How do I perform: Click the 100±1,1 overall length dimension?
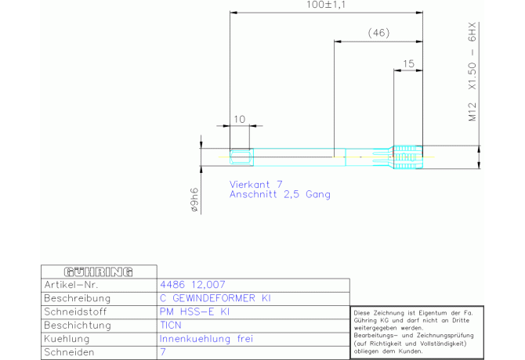pyautogui.click(x=326, y=5)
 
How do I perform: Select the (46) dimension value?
pyautogui.click(x=378, y=33)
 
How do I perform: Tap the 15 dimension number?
pyautogui.click(x=408, y=63)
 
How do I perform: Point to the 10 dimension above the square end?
pyautogui.click(x=240, y=119)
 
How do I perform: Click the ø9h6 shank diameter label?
pyautogui.click(x=194, y=200)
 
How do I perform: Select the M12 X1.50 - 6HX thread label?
pyautogui.click(x=472, y=72)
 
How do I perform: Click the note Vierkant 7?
pyautogui.click(x=255, y=184)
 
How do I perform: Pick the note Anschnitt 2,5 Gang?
pyautogui.click(x=280, y=194)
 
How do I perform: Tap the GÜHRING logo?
pyautogui.click(x=99, y=272)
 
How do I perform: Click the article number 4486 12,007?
pyautogui.click(x=193, y=285)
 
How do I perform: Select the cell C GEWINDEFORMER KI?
pyautogui.click(x=215, y=298)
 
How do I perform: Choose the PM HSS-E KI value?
pyautogui.click(x=194, y=311)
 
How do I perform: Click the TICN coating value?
pyautogui.click(x=171, y=326)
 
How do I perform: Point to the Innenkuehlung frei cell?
pyautogui.click(x=206, y=339)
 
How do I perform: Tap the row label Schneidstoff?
pyautogui.click(x=75, y=311)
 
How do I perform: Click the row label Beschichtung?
pyautogui.click(x=78, y=326)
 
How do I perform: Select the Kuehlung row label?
pyautogui.click(x=67, y=339)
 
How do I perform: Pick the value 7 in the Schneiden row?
pyautogui.click(x=163, y=352)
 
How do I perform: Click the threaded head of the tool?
pyautogui.click(x=407, y=157)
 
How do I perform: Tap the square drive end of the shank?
pyautogui.click(x=241, y=157)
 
